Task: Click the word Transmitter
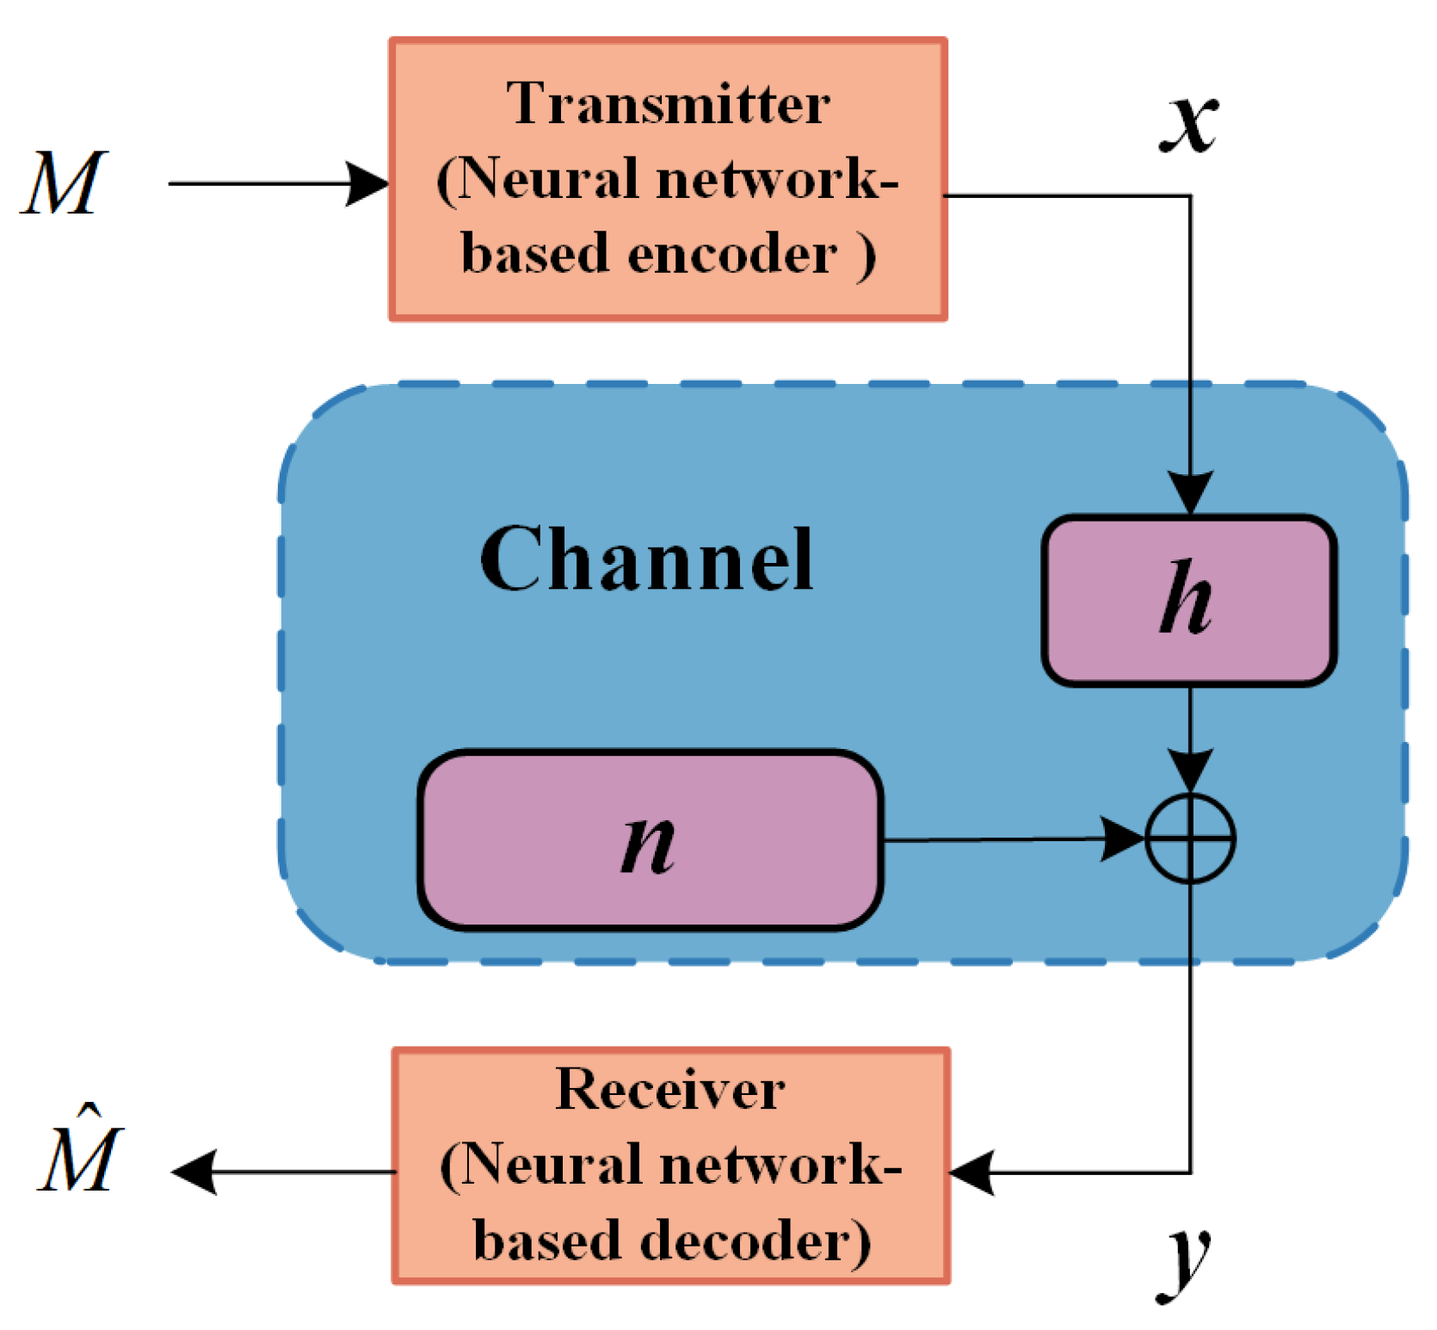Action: click(x=668, y=104)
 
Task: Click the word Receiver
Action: click(x=669, y=1090)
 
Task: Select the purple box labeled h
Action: click(x=1188, y=600)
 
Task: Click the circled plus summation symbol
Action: click(x=1190, y=838)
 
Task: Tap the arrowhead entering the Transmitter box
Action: click(x=368, y=183)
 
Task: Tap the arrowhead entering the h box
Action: click(x=1190, y=492)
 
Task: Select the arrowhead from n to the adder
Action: click(x=1124, y=838)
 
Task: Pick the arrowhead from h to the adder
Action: click(x=1190, y=769)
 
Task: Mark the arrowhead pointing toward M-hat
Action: click(x=194, y=1172)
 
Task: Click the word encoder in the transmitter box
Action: click(x=731, y=256)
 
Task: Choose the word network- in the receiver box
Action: click(x=780, y=1166)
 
